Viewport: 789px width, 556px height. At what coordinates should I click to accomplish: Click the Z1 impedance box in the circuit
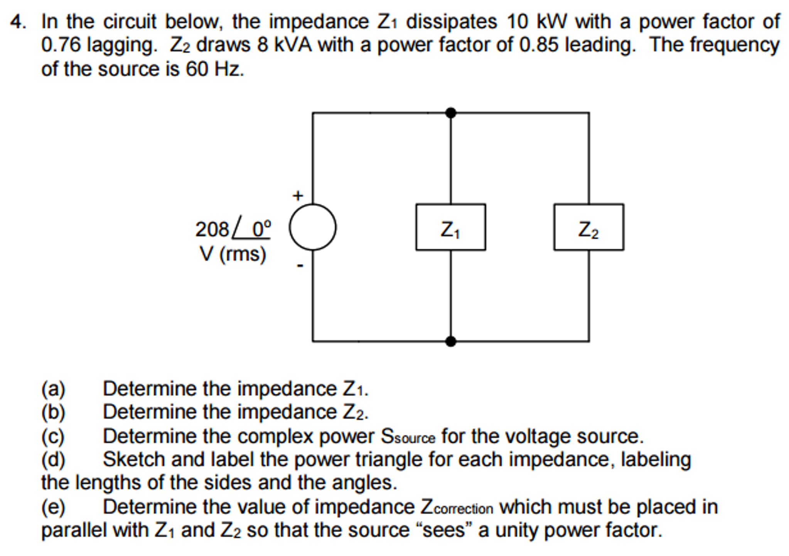(x=450, y=227)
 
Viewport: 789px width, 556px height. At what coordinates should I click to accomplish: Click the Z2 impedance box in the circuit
(x=588, y=227)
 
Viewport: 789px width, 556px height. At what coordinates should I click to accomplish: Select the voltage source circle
(x=312, y=227)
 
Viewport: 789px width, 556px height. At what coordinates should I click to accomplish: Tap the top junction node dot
(x=450, y=113)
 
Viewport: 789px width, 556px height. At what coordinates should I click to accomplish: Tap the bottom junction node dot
(x=450, y=341)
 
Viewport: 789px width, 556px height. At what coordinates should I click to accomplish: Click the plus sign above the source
(x=297, y=196)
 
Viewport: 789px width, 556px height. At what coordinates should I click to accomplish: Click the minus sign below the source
(x=300, y=265)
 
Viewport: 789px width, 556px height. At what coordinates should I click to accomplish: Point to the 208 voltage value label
(x=212, y=230)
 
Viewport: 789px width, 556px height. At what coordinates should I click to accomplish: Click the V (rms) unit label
(x=233, y=254)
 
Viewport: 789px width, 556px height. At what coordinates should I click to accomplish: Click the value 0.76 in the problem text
(x=61, y=46)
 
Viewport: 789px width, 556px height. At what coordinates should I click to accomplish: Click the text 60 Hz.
(x=214, y=69)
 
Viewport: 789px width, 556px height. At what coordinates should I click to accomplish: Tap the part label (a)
(x=53, y=389)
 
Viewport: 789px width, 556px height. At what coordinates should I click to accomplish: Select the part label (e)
(x=53, y=507)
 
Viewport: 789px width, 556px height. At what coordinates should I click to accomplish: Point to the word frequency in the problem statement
(x=734, y=46)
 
